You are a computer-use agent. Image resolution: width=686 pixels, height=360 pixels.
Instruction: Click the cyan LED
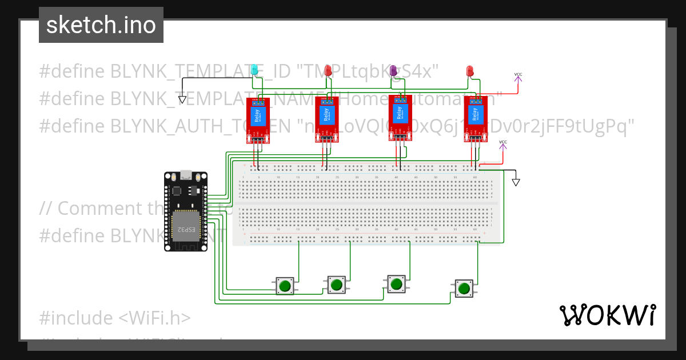pos(255,70)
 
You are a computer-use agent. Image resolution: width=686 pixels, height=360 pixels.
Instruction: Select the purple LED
pos(393,70)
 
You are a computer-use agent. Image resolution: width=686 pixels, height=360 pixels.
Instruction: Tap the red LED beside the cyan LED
pos(328,70)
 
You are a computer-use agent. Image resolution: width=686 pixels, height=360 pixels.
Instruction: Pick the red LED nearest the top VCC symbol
pos(470,70)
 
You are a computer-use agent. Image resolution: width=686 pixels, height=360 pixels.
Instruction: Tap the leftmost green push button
pos(285,285)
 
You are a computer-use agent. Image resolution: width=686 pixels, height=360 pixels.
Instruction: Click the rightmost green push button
pos(464,288)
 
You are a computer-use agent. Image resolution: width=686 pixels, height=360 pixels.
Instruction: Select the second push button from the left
pos(336,284)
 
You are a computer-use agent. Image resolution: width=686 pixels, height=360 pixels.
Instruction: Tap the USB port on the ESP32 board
pos(185,174)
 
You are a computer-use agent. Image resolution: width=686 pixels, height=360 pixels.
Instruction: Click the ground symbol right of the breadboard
pos(516,182)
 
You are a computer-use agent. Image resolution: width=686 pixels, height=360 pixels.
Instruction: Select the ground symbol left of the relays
pos(182,99)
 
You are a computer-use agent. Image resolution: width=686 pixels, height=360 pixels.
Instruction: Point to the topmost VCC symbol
pos(518,75)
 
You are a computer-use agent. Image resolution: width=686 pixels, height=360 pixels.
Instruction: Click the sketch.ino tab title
pos(101,25)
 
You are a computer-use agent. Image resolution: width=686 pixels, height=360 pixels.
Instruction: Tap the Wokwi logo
pos(607,315)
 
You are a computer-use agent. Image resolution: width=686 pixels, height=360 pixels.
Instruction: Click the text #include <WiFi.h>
pos(115,318)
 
